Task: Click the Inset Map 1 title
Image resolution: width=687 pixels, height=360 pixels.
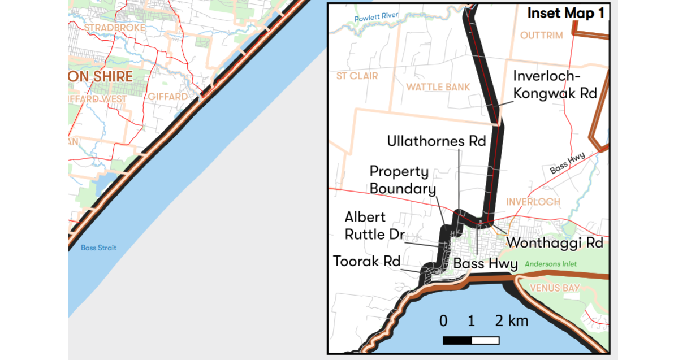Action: (x=565, y=14)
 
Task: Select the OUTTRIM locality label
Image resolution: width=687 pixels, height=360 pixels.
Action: (x=542, y=36)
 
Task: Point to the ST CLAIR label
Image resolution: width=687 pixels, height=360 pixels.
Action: (x=357, y=76)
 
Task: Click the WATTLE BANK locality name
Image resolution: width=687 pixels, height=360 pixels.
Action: (x=438, y=86)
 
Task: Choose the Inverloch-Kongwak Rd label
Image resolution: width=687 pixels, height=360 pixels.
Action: (x=555, y=84)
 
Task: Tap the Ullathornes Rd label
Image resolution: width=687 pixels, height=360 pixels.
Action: (x=437, y=141)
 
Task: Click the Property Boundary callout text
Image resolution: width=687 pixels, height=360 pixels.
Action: (x=403, y=180)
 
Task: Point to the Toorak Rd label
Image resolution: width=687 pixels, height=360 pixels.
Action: (x=366, y=261)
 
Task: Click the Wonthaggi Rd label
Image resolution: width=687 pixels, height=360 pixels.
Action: (x=555, y=242)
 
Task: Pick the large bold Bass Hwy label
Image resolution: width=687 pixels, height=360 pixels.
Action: (x=485, y=263)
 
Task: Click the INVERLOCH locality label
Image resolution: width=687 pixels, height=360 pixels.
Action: (x=533, y=202)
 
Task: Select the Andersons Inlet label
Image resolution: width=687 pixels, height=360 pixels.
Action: (x=552, y=264)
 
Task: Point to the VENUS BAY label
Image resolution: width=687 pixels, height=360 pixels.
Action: (x=555, y=288)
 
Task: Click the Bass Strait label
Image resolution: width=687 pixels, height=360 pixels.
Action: (x=98, y=248)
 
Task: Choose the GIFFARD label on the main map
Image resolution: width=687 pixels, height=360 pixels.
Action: (x=167, y=97)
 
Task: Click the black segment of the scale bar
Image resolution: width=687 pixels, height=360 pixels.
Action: (x=457, y=340)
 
